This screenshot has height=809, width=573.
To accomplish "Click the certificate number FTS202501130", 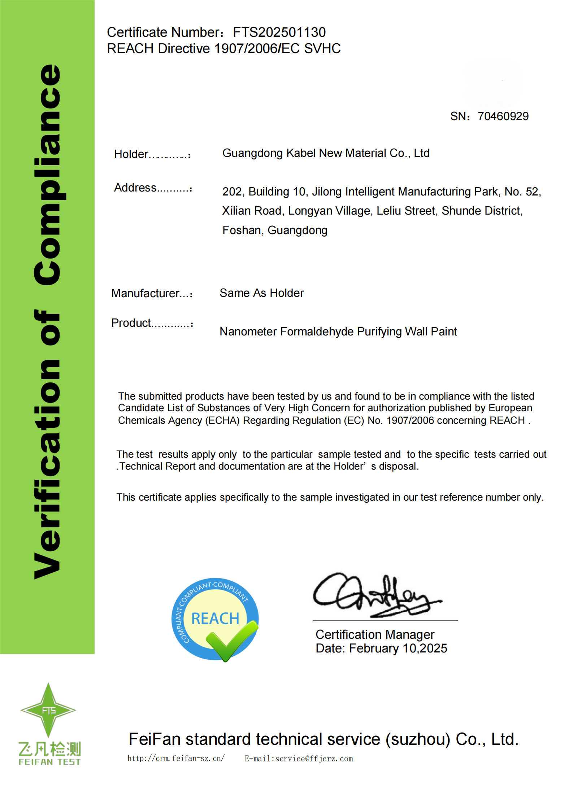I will pyautogui.click(x=279, y=32).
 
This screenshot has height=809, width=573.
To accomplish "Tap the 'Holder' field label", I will pyautogui.click(x=131, y=154).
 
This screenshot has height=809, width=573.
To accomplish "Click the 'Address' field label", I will pyautogui.click(x=135, y=188).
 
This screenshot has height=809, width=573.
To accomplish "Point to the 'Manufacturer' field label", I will pyautogui.click(x=145, y=293).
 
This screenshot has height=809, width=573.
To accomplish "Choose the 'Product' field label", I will pyautogui.click(x=131, y=323).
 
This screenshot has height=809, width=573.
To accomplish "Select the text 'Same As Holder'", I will pyautogui.click(x=261, y=293).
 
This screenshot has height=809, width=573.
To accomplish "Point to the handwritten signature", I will pyautogui.click(x=376, y=595).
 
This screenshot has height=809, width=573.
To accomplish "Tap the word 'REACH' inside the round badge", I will pyautogui.click(x=215, y=619).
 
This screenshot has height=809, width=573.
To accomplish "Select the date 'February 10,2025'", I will pyautogui.click(x=398, y=648).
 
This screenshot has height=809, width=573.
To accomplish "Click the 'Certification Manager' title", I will pyautogui.click(x=375, y=634).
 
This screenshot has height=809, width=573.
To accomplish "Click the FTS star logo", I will pyautogui.click(x=48, y=709).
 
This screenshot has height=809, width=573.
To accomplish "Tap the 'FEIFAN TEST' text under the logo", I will pyautogui.click(x=49, y=762).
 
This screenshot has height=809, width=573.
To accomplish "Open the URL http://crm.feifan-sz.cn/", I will pyautogui.click(x=176, y=758).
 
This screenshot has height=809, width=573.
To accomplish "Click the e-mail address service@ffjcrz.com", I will pyautogui.click(x=314, y=759).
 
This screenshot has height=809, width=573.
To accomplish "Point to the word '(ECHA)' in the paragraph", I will pyautogui.click(x=222, y=420).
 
